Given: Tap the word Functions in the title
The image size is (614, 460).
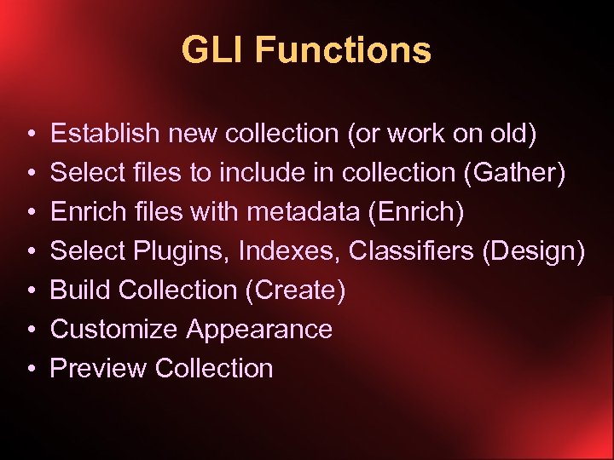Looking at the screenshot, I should [x=343, y=50].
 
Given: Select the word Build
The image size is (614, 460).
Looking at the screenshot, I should [x=81, y=290].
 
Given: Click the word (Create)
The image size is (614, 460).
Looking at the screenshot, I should [x=295, y=290].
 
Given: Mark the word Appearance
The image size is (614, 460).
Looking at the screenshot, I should [x=259, y=330].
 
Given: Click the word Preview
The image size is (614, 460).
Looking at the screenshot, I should [x=99, y=369].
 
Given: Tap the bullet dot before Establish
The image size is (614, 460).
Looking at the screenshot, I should [x=30, y=135].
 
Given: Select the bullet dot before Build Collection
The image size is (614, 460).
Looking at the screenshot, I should [x=30, y=291].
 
